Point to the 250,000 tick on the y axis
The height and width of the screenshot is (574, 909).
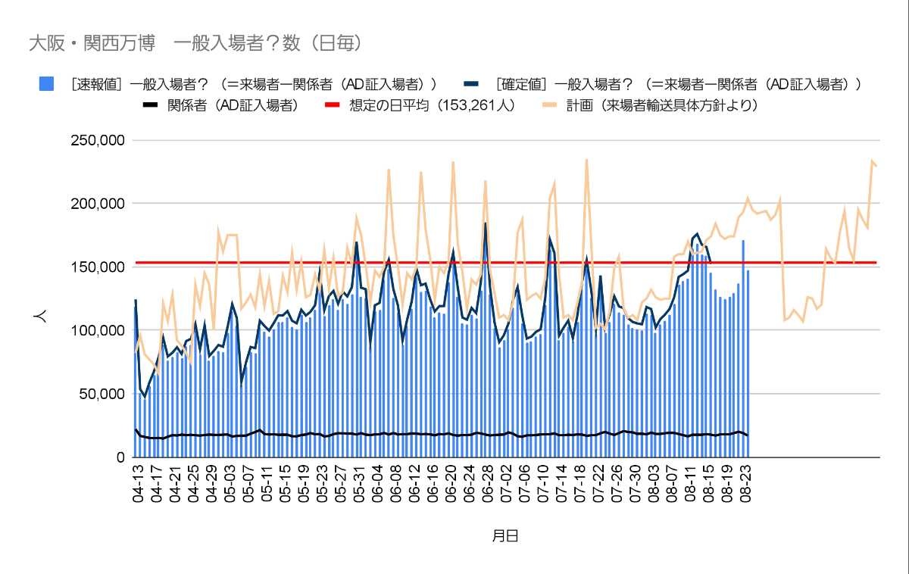[x=97, y=140]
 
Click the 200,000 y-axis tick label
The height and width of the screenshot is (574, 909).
[x=97, y=204]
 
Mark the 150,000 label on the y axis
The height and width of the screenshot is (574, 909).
[x=97, y=267]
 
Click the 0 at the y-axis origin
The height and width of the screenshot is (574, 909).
[x=120, y=457]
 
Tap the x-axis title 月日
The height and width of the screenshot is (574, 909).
[x=505, y=536]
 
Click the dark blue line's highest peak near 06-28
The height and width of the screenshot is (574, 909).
[x=486, y=223]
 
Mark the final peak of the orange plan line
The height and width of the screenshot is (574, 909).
[x=872, y=161]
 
